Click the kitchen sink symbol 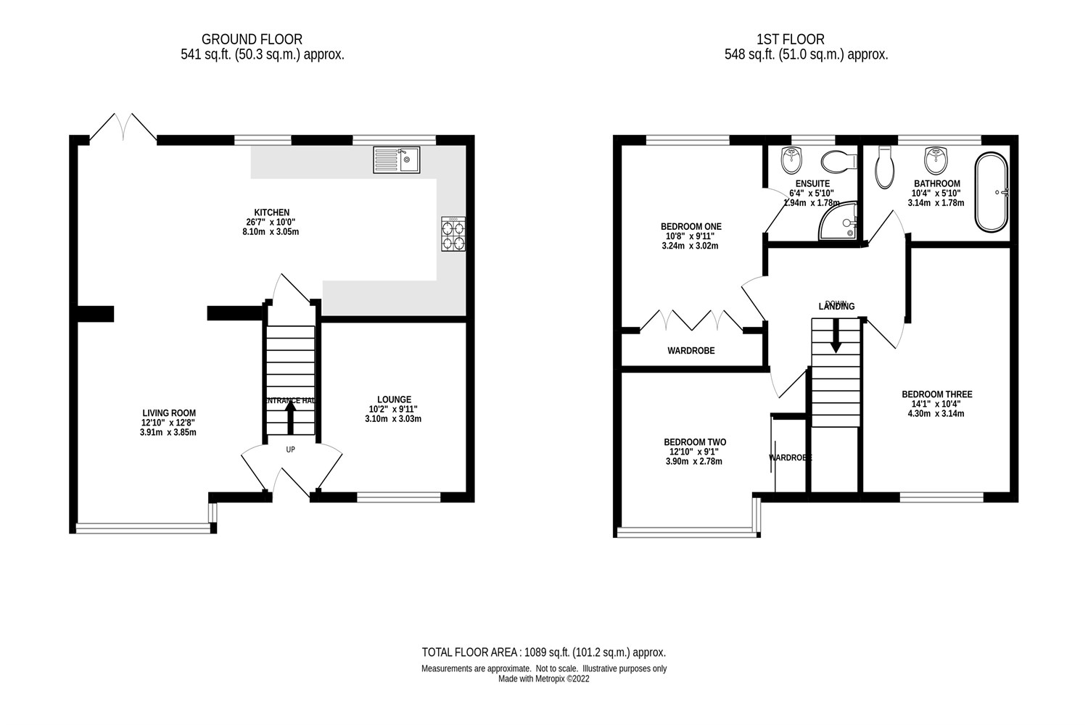(396, 159)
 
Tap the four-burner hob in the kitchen (453, 234)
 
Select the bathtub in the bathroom (992, 192)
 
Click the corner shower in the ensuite (840, 222)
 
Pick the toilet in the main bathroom (884, 169)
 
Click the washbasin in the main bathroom (936, 157)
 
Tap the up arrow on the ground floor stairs (290, 415)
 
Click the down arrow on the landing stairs (836, 336)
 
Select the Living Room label (169, 413)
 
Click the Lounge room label (394, 399)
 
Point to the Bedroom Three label (936, 394)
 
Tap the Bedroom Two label (694, 442)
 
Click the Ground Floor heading (252, 39)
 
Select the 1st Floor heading (790, 39)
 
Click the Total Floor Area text (543, 652)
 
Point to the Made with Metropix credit (543, 679)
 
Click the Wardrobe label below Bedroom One (691, 351)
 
